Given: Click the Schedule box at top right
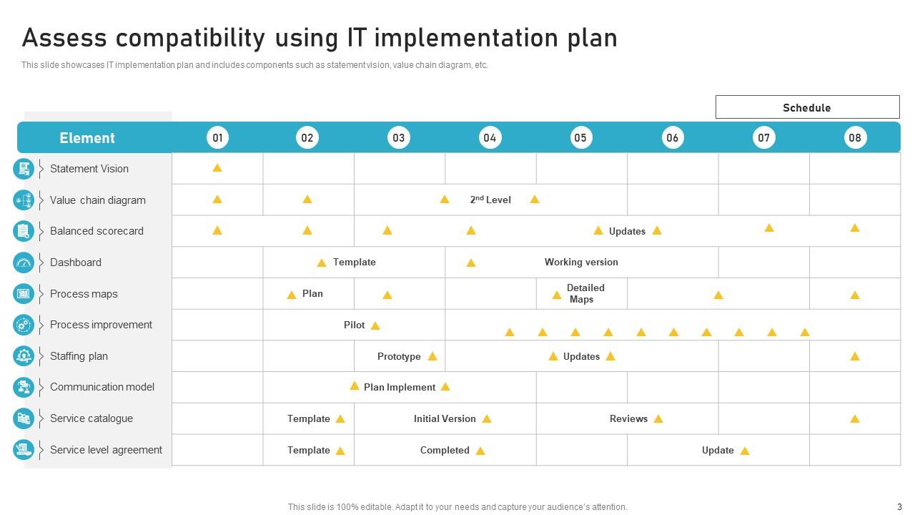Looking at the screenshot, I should [x=807, y=107].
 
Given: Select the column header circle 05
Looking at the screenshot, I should [x=580, y=137].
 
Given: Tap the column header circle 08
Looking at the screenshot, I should [x=855, y=137].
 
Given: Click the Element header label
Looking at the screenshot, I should [x=87, y=138].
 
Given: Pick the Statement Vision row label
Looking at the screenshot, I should [x=89, y=169].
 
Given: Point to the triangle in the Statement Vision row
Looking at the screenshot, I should [x=217, y=168].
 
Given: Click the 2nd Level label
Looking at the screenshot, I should [x=490, y=200].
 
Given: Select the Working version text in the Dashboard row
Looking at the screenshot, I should [x=581, y=262].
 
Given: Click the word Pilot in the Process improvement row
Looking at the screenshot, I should [x=355, y=325].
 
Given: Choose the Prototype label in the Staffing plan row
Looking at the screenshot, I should [x=399, y=356].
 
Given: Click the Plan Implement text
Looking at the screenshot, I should [x=399, y=387].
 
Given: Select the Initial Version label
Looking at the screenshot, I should [x=445, y=418].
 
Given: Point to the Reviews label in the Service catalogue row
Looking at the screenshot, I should [x=628, y=418].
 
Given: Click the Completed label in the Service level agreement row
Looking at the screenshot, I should [x=445, y=450].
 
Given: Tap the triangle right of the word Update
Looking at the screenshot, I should [x=745, y=451].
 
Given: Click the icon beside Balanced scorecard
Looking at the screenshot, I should [x=24, y=231].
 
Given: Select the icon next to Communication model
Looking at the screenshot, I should [x=24, y=387].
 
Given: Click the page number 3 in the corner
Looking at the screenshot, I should [x=900, y=506].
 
